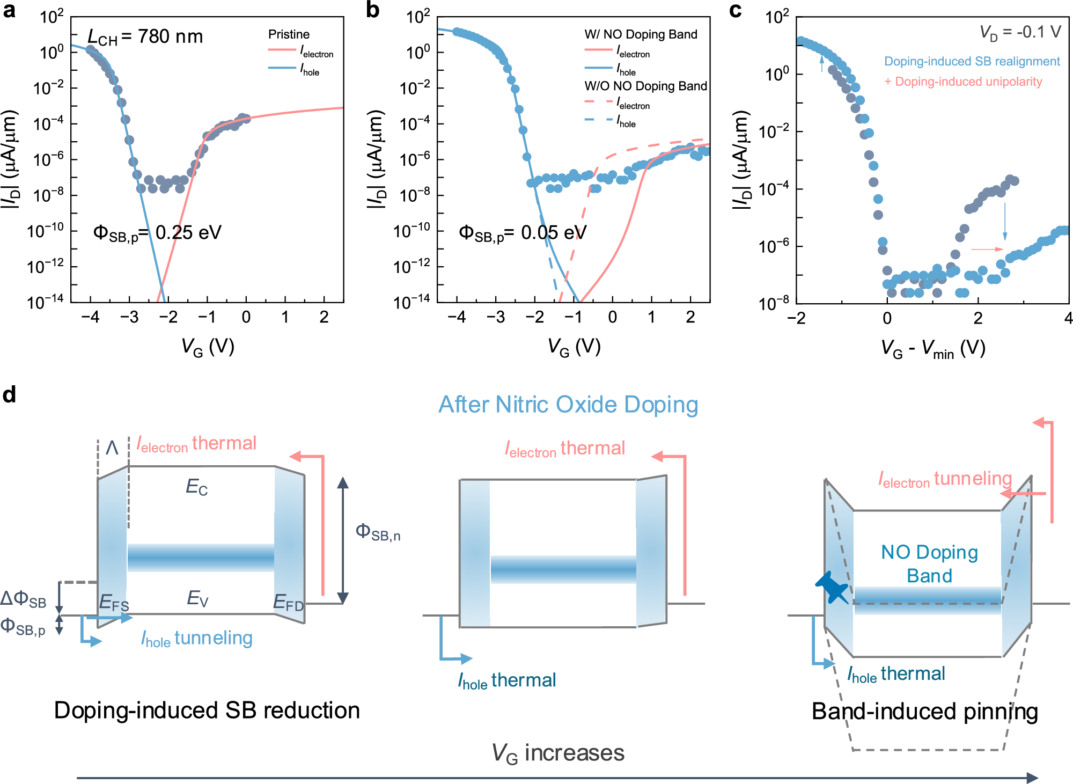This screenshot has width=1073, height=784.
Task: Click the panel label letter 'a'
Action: (9, 10)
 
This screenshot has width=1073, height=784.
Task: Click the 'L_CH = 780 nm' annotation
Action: (145, 36)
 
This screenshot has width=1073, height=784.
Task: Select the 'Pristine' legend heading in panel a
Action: (289, 34)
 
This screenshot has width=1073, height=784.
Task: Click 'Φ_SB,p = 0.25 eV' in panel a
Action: (157, 232)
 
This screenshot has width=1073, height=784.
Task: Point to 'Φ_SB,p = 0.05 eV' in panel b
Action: (523, 232)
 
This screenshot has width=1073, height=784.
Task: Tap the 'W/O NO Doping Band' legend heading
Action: (645, 86)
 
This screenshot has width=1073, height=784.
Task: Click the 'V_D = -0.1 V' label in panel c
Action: (1020, 32)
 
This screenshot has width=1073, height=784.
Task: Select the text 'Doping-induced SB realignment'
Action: (972, 61)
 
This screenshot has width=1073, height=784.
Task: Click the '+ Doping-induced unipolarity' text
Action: (963, 82)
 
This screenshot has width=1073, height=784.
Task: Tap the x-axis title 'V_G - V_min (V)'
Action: (933, 348)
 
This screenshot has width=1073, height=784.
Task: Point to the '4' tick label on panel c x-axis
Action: (1068, 318)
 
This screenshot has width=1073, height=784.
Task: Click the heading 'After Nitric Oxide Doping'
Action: (568, 405)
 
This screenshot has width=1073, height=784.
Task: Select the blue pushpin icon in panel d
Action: (832, 588)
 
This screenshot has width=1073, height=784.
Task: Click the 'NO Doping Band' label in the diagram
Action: (929, 563)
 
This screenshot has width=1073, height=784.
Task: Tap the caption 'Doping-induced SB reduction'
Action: (207, 710)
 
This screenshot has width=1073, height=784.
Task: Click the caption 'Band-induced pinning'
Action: (924, 712)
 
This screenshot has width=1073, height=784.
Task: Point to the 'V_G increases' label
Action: (558, 753)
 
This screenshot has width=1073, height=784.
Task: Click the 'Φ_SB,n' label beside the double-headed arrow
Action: (378, 532)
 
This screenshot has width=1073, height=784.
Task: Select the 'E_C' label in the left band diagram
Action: (196, 487)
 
